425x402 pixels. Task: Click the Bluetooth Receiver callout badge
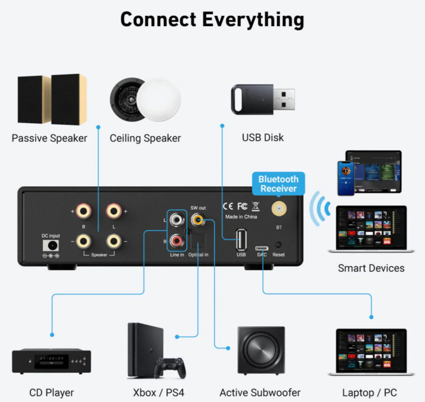pos(279,184)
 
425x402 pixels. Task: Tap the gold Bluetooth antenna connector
pos(279,210)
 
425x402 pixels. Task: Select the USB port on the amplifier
pos(241,240)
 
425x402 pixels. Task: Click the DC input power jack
pos(50,246)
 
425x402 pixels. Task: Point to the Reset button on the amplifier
pos(278,246)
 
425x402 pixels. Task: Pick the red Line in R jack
pos(177,241)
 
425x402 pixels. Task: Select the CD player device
pos(52,361)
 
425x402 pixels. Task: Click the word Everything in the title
pos(253,19)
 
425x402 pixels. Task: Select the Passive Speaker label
pos(49,138)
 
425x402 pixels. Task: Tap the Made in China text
pos(241,216)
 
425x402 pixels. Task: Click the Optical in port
pos(199,243)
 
